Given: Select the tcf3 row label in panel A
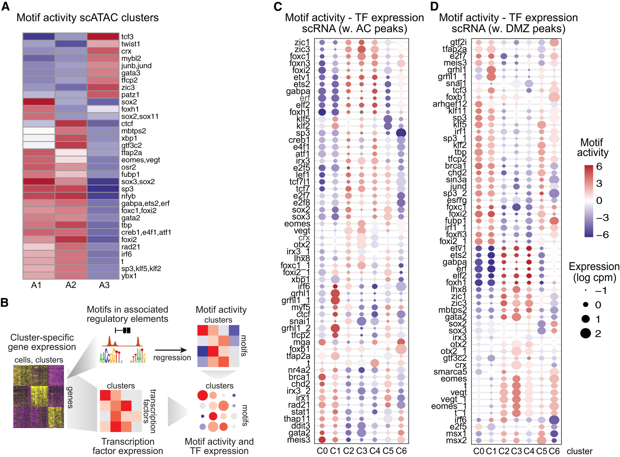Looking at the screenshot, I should pos(127,37).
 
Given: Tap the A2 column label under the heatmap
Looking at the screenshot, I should pos(71,285).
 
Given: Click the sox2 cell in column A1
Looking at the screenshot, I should pos(39,102).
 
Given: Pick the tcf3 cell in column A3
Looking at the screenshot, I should pos(103,36).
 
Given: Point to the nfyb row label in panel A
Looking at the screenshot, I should pos(128,196).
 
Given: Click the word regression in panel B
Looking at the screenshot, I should pos(172,358).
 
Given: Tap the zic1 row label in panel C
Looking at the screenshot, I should pos(302,43).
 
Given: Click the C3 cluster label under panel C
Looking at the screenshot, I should pos(362,451).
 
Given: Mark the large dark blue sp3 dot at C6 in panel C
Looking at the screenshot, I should pos(401,133).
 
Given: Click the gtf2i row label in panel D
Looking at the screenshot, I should pos(458,43).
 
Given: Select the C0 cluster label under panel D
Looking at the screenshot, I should pos(478,451).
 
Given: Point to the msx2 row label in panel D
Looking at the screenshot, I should pos(456,440).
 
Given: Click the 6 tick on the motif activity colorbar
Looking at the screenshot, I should pos(599,167).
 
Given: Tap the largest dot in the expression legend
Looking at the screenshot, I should pos(585,333).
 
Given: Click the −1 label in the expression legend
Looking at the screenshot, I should pos(600,291).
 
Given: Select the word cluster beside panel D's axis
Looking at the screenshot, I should pos(580,451).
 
